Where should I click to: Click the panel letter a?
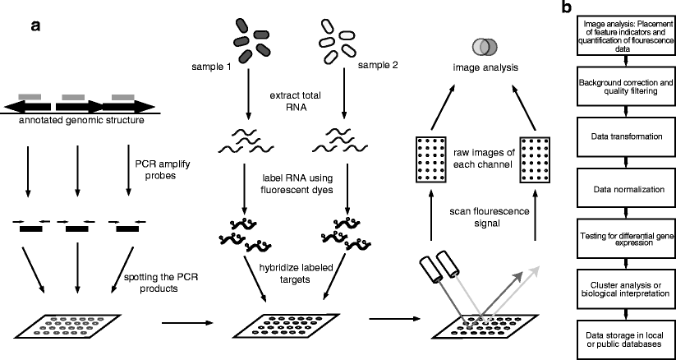coord(37,25)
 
